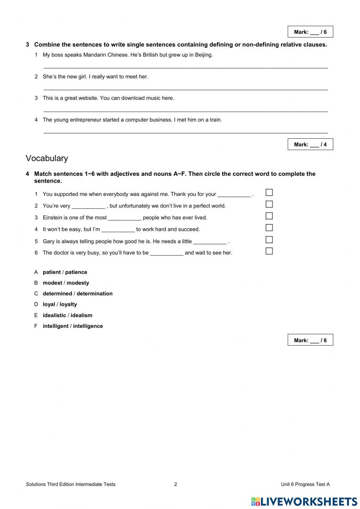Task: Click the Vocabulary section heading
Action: pyautogui.click(x=47, y=158)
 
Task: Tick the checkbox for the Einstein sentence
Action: pyautogui.click(x=269, y=216)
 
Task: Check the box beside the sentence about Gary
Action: pyautogui.click(x=269, y=240)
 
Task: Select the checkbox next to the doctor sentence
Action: pyautogui.click(x=269, y=251)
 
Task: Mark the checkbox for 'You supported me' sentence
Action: pyautogui.click(x=269, y=193)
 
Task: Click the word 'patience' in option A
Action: pyautogui.click(x=76, y=272)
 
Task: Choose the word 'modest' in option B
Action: pyautogui.click(x=52, y=283)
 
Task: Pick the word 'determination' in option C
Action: pyautogui.click(x=94, y=294)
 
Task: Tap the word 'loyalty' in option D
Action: pyautogui.click(x=68, y=304)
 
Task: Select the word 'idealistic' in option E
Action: pyautogui.click(x=54, y=315)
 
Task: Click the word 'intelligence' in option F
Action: pyautogui.click(x=88, y=326)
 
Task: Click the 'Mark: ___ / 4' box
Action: pyautogui.click(x=310, y=144)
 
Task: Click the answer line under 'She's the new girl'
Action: pyautogui.click(x=185, y=89)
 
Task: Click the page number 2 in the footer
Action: pyautogui.click(x=176, y=484)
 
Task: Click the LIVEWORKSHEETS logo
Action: pyautogui.click(x=304, y=501)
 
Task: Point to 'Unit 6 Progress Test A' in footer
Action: pyautogui.click(x=305, y=484)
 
